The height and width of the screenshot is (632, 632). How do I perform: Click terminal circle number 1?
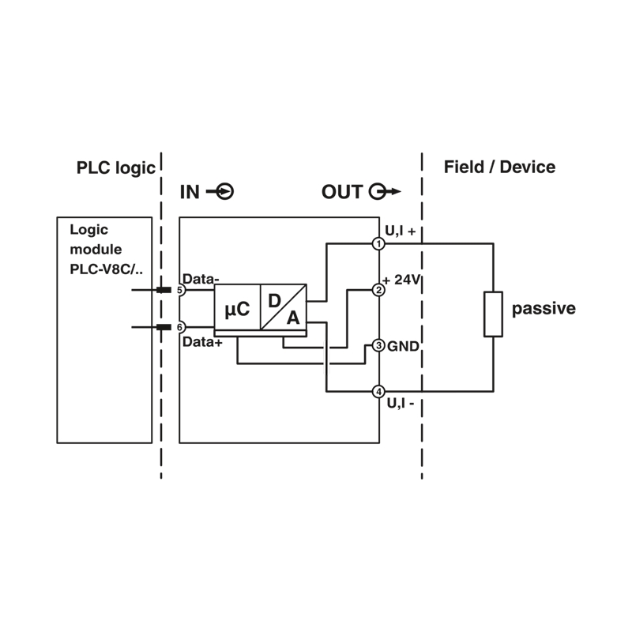pos(378,244)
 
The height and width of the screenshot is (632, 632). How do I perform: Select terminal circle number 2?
pos(378,290)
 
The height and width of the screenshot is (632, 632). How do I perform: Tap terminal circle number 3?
pos(378,345)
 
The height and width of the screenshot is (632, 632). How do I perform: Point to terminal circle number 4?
pos(378,391)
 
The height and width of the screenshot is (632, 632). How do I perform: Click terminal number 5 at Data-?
pos(180,290)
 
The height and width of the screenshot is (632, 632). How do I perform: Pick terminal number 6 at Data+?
pos(180,327)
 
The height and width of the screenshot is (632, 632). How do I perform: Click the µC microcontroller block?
pos(238,307)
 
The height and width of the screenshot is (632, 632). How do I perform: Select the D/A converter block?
pos(284,307)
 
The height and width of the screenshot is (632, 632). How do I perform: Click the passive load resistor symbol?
pos(493,314)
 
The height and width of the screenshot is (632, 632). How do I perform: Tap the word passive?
pos(544,308)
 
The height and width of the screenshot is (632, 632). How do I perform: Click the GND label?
pos(403,346)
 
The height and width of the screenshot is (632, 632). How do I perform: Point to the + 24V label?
pos(401,280)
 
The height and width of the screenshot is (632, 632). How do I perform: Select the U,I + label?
pos(401,231)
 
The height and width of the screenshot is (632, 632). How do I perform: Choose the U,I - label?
pos(401,403)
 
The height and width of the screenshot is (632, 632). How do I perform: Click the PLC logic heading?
pos(115,168)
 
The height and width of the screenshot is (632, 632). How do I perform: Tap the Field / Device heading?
pos(499,167)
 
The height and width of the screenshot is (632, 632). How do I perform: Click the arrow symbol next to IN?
pos(220,191)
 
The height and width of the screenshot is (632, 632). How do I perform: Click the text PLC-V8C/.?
pos(106,269)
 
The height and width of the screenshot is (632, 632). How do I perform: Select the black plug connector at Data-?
pos(164,290)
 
